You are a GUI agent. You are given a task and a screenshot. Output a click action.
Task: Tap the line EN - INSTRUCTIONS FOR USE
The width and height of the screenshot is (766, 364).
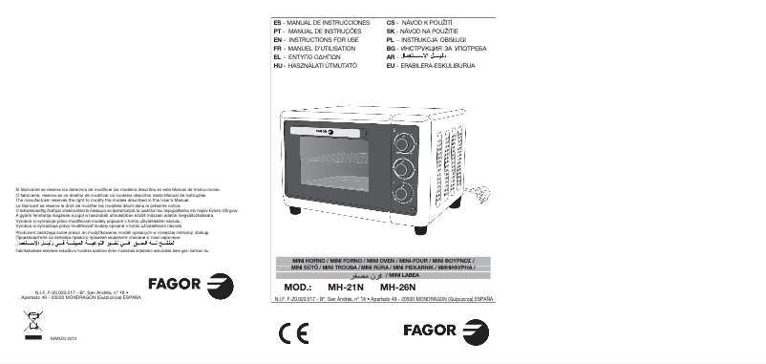point(314,37)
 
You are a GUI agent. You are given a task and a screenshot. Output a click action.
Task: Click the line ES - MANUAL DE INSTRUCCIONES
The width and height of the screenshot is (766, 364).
point(318,20)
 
